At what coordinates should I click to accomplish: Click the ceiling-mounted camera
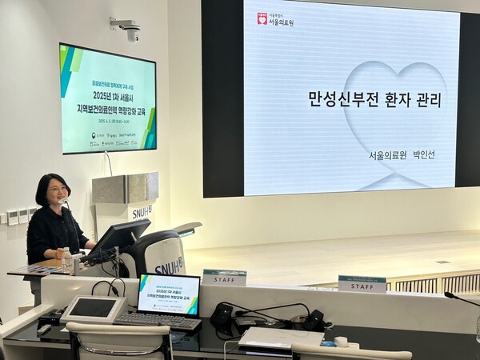coord(128,30)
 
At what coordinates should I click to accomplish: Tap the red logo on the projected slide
coord(262,18)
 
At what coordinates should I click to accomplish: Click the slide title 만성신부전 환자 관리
coord(374,100)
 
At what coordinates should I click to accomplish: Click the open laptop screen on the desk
coord(168,294)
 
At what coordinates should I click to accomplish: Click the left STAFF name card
coord(224,278)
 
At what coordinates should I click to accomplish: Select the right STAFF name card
coord(362,284)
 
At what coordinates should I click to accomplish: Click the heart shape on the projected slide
coord(392,112)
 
